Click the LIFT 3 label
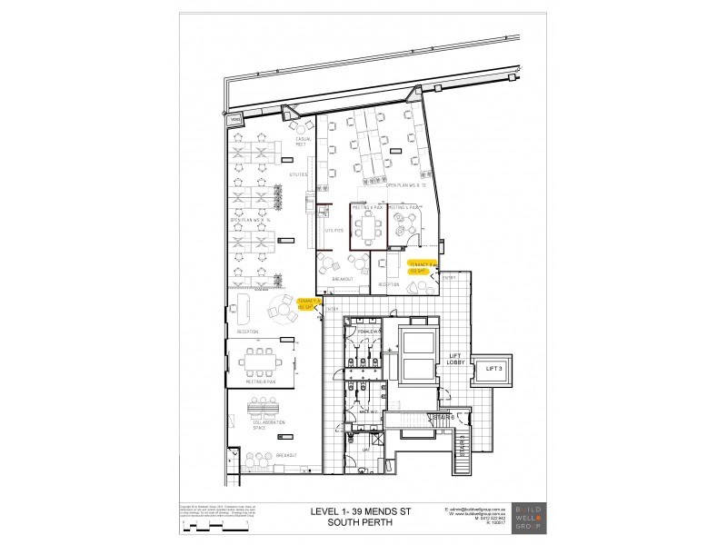(x=494, y=367)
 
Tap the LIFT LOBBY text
(x=456, y=360)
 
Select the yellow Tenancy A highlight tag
(x=307, y=303)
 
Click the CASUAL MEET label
(x=299, y=141)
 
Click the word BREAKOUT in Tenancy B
(x=342, y=279)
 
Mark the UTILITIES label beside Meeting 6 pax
(x=334, y=230)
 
